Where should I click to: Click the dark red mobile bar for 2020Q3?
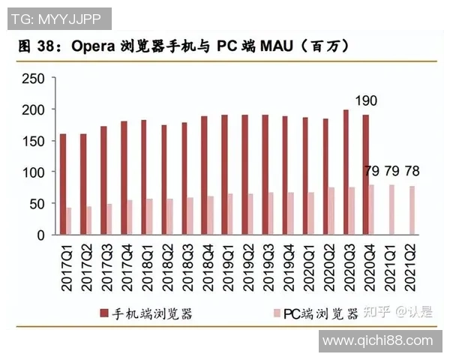point(346,172)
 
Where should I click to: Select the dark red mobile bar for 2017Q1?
point(63,184)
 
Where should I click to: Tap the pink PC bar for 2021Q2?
point(411,211)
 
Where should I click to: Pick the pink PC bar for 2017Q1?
point(70,221)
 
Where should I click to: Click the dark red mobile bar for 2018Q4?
point(204,175)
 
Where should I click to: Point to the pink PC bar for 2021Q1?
point(391,210)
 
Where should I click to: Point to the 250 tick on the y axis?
point(34,79)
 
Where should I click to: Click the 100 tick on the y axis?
point(34,172)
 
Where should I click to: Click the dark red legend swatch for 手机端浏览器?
point(103,313)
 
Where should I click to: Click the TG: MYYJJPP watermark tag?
point(56,16)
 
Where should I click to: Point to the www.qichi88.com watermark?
point(378,341)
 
